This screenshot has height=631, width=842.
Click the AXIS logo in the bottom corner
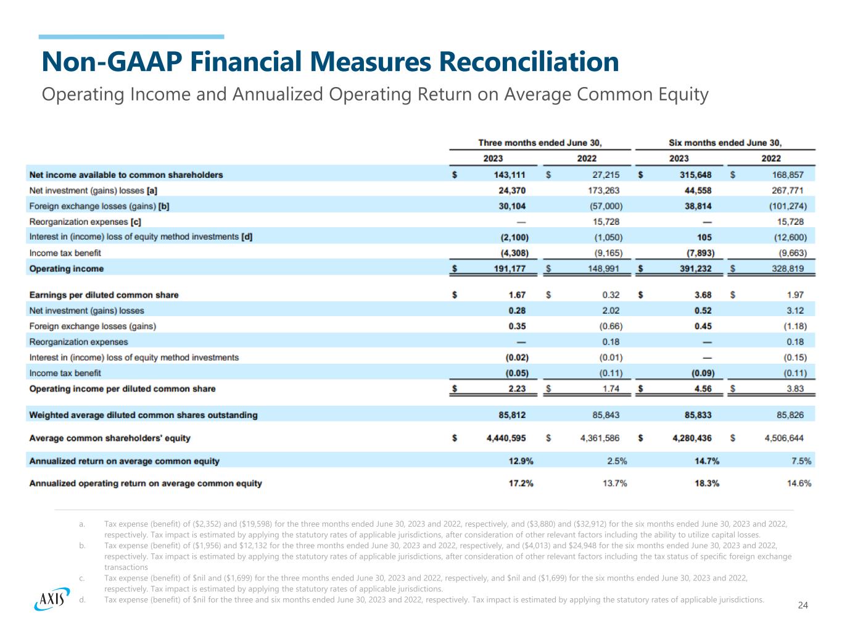(50, 598)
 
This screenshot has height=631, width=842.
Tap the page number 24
(803, 605)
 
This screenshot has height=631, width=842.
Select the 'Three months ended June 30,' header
(540, 143)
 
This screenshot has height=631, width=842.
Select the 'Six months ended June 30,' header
(725, 143)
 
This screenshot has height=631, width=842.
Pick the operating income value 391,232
(695, 269)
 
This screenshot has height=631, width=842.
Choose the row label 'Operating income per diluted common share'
(122, 388)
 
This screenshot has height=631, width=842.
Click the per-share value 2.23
(517, 388)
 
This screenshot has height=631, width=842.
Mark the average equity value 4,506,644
(783, 438)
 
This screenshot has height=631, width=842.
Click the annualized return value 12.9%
(521, 461)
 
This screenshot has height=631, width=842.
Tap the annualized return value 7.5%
(801, 461)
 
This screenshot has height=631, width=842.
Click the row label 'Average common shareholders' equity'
(110, 438)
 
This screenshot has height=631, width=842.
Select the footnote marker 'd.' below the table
(82, 600)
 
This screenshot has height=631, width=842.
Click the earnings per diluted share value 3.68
(703, 295)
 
